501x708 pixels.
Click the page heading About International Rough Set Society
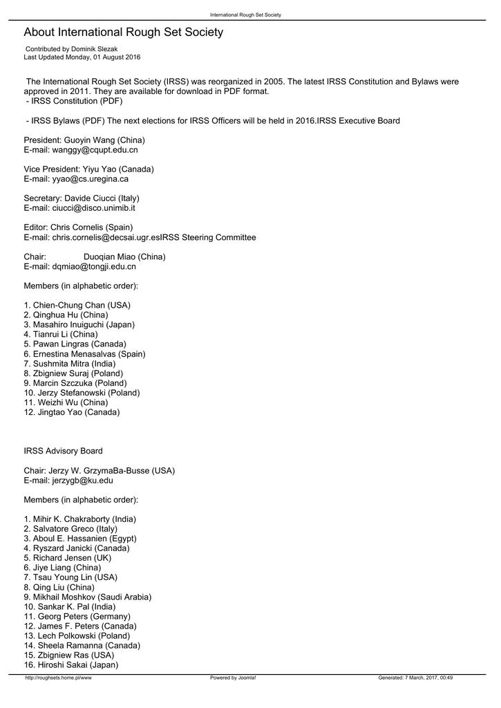click(x=123, y=32)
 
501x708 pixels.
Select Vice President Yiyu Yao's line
click(x=88, y=169)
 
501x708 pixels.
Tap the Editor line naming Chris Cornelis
click(x=78, y=227)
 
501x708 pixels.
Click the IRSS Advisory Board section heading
click(x=63, y=451)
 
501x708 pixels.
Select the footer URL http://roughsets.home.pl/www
click(x=58, y=678)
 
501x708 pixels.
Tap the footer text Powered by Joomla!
click(x=233, y=678)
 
